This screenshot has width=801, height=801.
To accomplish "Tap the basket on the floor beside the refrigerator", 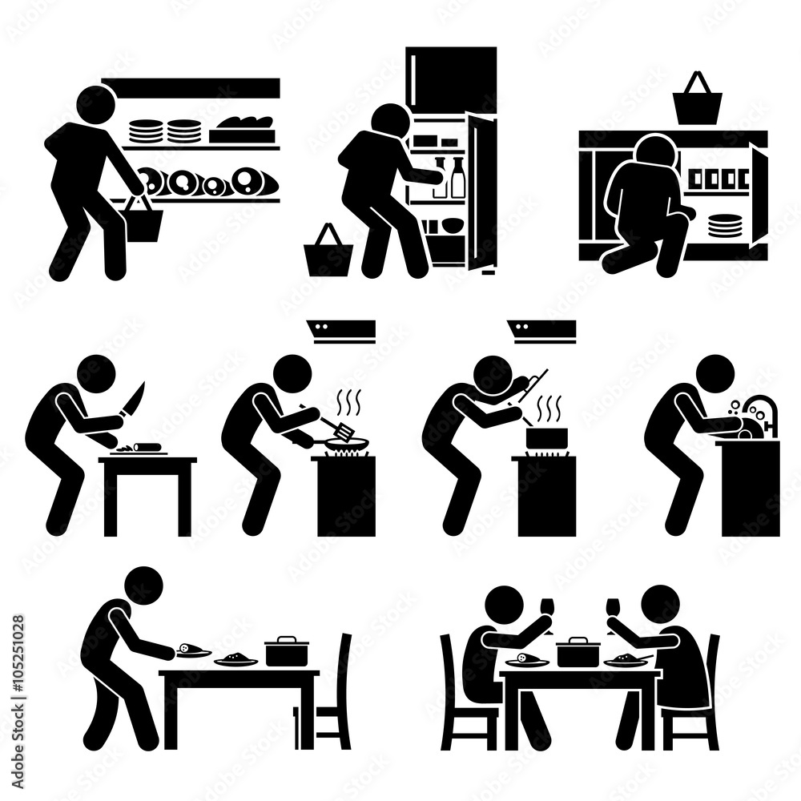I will point(327,255).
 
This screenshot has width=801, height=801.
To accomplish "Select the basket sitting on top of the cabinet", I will point(697,102).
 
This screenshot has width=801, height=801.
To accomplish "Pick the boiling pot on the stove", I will point(547,437).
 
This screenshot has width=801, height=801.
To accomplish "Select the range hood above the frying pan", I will point(341,328).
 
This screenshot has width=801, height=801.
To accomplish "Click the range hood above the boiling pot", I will point(541,328).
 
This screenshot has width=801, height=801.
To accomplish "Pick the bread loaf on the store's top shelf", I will point(245,124).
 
